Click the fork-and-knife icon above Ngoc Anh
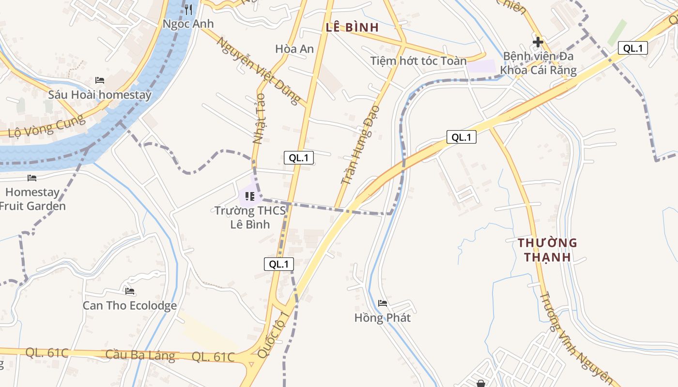(188, 9)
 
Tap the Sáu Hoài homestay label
(100, 95)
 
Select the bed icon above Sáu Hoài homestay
(100, 80)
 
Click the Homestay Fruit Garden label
(32, 199)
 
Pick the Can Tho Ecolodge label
(129, 306)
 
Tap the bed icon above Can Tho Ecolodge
(129, 291)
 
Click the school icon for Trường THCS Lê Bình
(250, 196)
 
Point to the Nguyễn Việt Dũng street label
(259, 71)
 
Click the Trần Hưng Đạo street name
(360, 145)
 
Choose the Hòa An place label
(294, 49)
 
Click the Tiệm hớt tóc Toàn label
(418, 61)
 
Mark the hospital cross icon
(538, 42)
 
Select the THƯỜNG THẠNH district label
(547, 250)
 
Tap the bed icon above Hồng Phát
(383, 303)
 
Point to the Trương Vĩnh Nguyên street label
(576, 339)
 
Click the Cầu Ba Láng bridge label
(140, 355)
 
